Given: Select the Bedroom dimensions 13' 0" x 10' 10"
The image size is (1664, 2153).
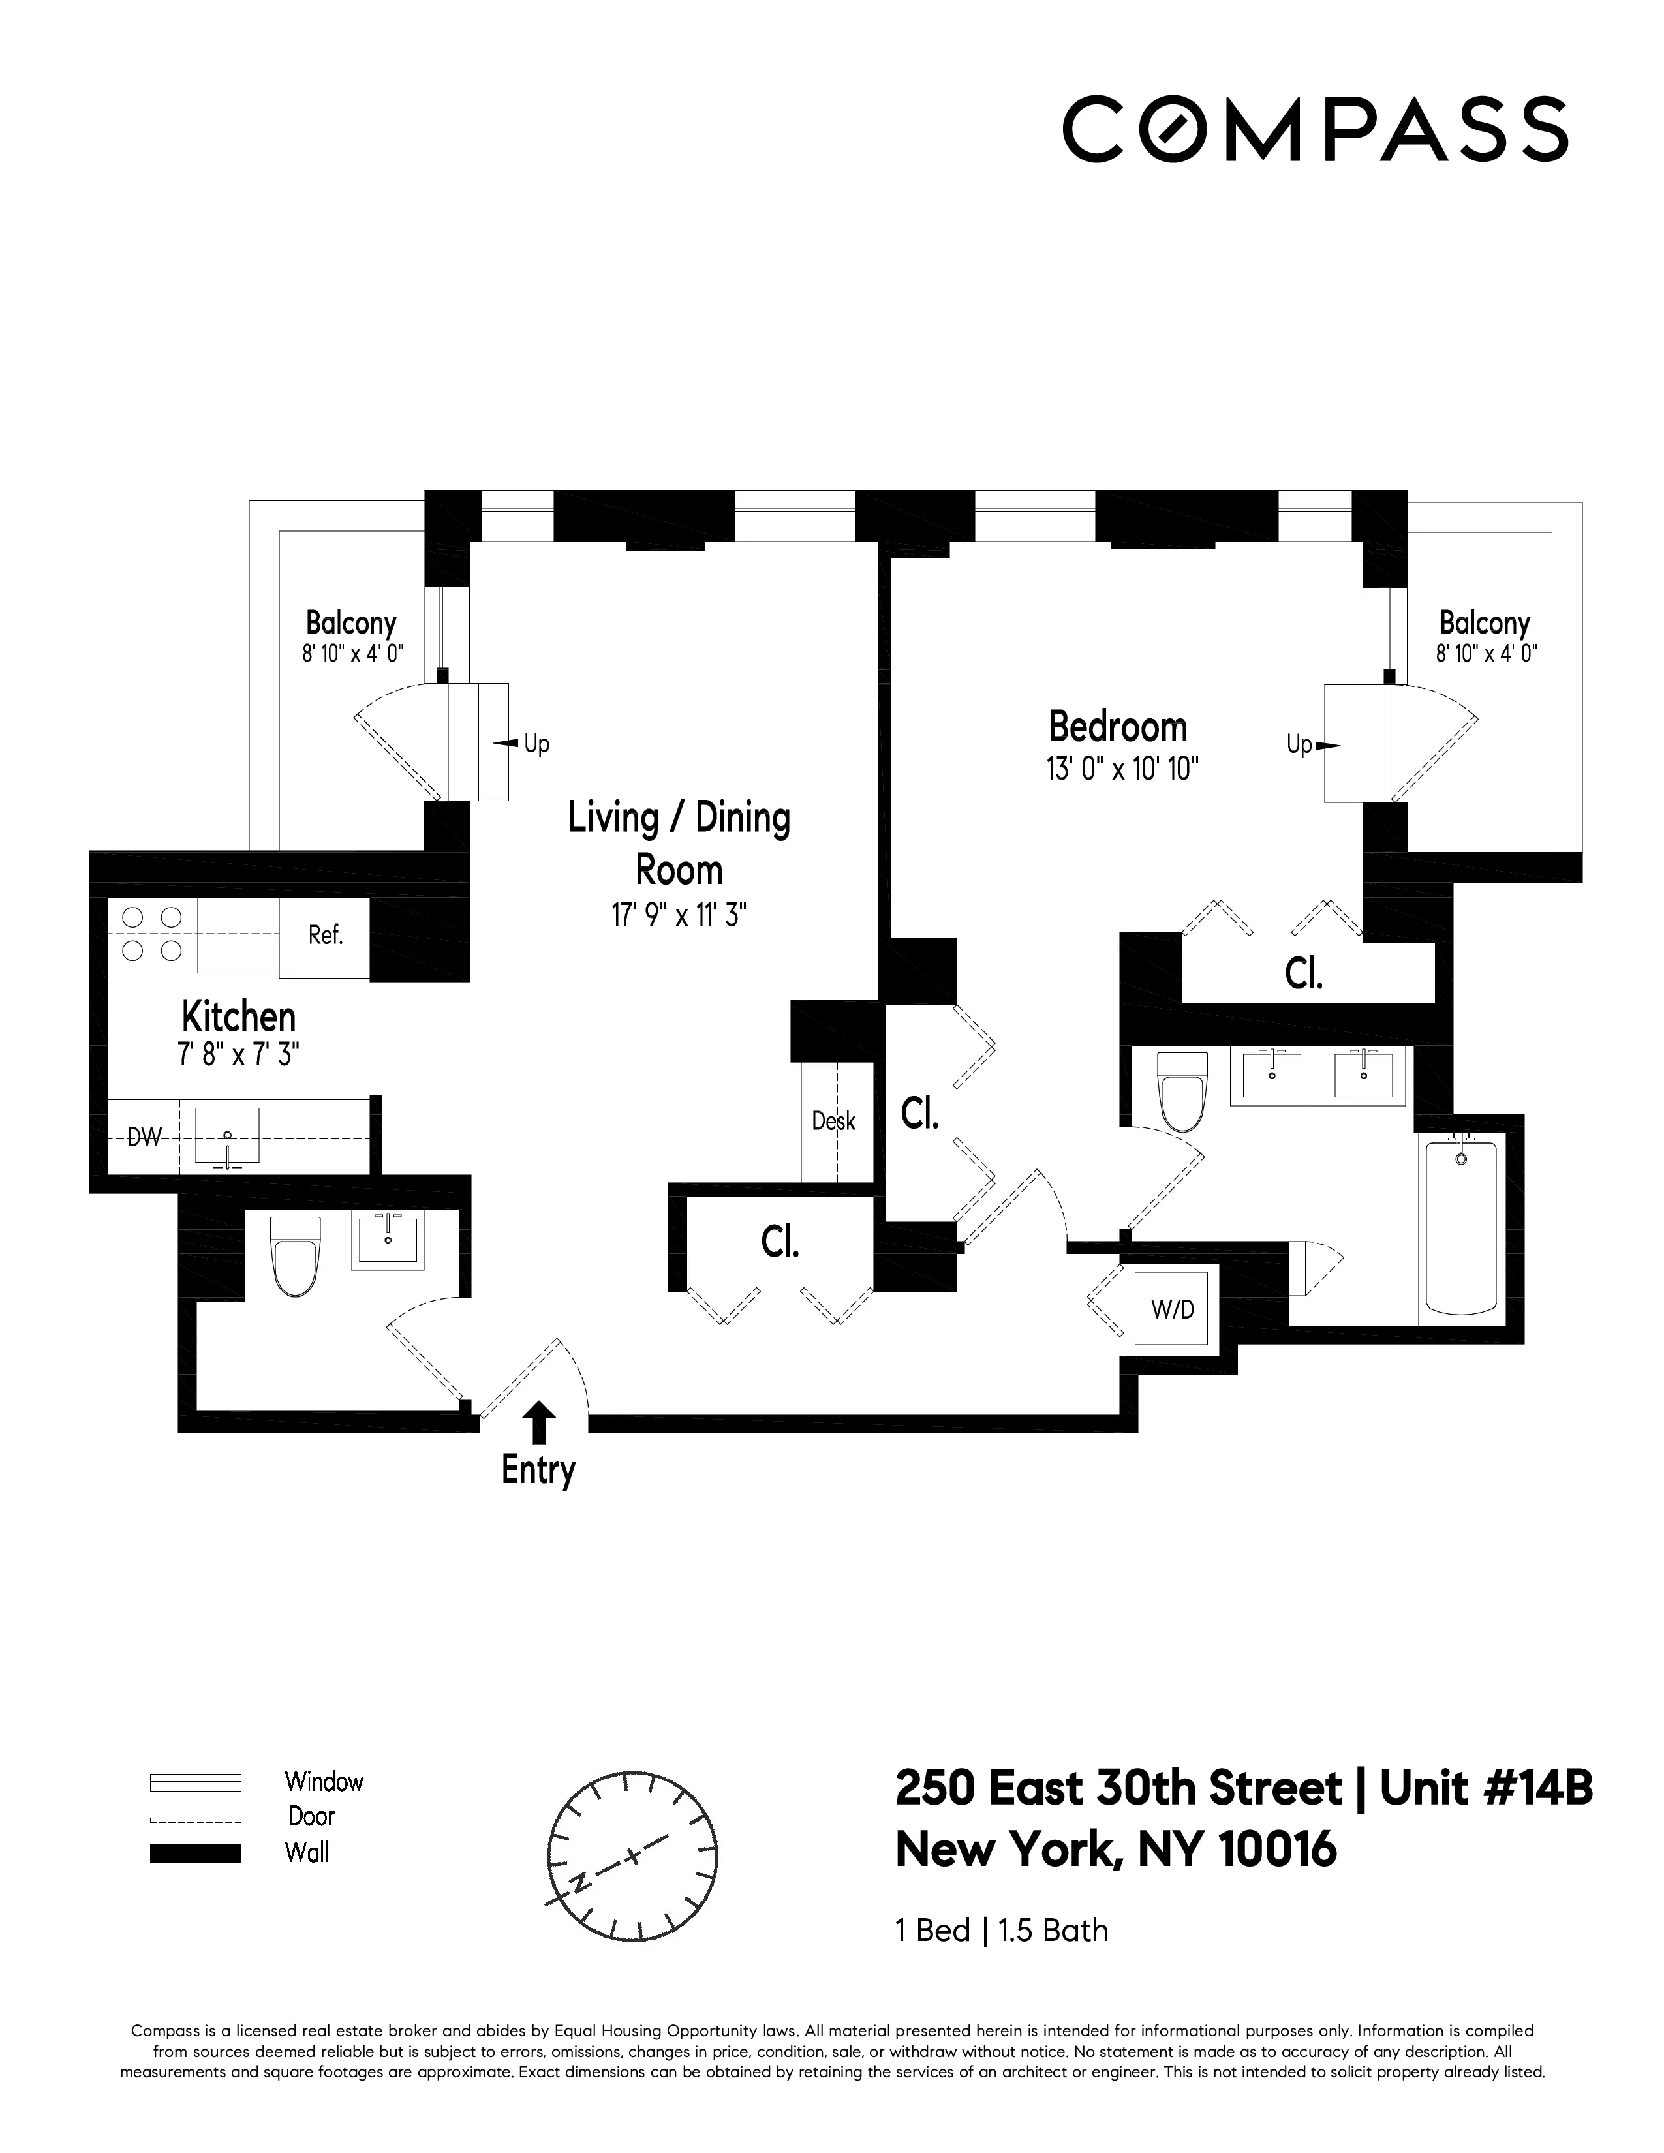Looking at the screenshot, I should click(x=1122, y=769).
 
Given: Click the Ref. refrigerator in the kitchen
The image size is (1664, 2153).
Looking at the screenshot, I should click(x=326, y=936).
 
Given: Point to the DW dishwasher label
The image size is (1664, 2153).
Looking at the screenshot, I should click(x=145, y=1138).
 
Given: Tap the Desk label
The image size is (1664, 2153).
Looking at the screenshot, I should click(x=833, y=1121).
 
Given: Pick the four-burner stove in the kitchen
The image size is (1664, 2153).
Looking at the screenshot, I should click(x=152, y=934).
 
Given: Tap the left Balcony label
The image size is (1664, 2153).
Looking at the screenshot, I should click(x=351, y=623).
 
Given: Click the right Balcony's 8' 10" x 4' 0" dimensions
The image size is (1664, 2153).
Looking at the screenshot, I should click(x=1486, y=652).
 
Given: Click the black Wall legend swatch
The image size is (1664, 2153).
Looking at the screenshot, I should click(x=195, y=1854).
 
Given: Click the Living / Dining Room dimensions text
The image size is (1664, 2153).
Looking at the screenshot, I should click(x=678, y=916).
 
